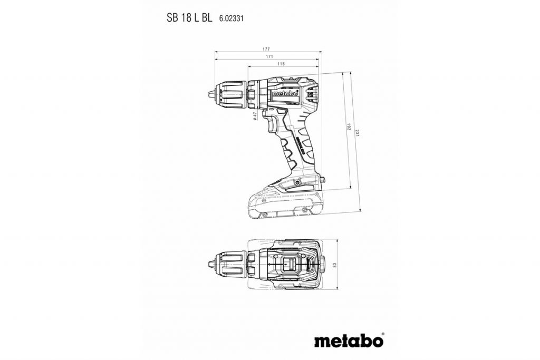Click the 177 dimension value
[269, 49]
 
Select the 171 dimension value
[269, 56]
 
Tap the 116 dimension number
[281, 64]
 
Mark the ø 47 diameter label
[254, 116]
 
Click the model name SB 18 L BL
[190, 17]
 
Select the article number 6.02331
[231, 18]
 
